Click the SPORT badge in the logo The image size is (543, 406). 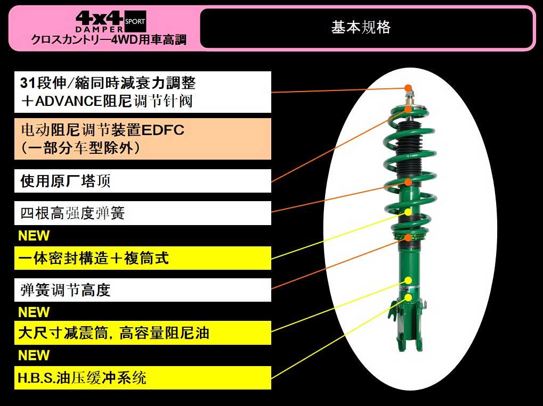135,21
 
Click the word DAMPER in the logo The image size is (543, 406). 99,29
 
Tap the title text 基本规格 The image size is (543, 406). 361,27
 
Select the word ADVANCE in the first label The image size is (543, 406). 69,101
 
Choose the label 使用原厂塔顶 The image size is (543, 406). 65,181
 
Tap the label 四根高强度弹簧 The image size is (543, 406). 72,213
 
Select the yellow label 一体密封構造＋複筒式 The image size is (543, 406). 93,258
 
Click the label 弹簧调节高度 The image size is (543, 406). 65,290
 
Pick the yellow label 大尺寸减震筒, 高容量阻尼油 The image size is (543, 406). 114,333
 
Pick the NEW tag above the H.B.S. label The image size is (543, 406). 34,355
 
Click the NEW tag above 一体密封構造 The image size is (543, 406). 34,236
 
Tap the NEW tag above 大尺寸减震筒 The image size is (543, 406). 34,312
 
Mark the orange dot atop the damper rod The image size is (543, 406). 409,88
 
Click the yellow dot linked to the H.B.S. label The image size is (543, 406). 409,297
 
